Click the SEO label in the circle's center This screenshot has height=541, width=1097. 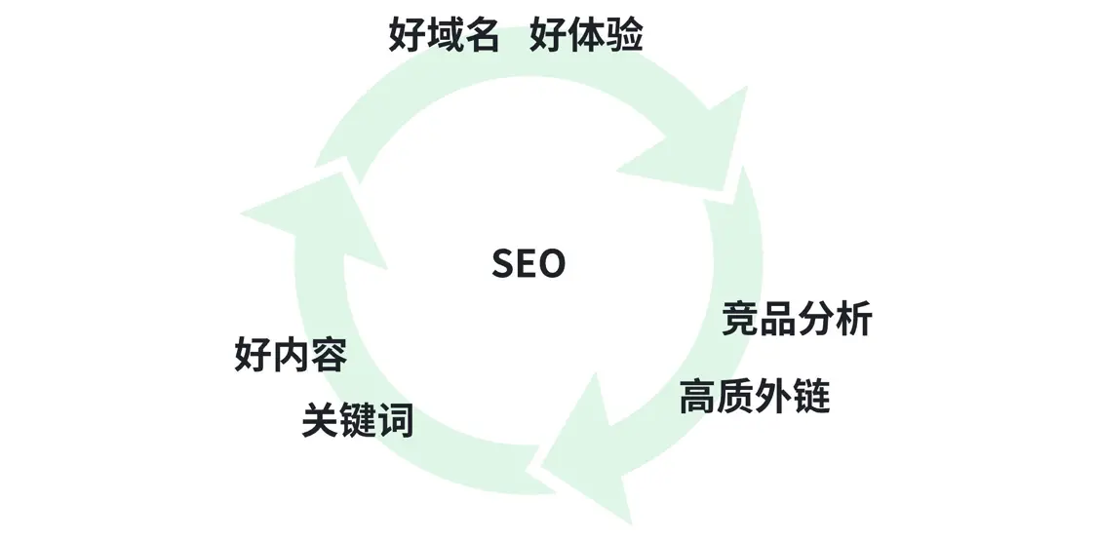point(529,264)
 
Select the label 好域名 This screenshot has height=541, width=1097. point(444,36)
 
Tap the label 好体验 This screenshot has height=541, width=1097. point(586,36)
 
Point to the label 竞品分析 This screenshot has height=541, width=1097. point(797,319)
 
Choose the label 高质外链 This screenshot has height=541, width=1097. point(754,397)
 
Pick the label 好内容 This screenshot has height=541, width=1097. point(291,355)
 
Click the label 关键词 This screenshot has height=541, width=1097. point(357,421)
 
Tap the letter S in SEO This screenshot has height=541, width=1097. point(503,264)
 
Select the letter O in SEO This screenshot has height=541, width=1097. point(551,264)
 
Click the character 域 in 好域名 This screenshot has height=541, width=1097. point(444,36)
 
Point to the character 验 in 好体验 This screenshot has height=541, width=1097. point(624,36)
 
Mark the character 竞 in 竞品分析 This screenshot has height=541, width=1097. point(740,319)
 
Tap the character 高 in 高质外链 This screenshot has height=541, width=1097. point(697,397)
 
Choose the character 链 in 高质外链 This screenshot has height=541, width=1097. point(811,397)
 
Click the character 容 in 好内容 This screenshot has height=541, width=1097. point(329,355)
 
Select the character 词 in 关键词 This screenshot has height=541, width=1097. point(395,421)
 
